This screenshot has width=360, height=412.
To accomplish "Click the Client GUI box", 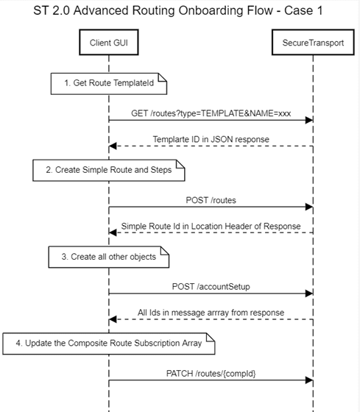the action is [109, 43].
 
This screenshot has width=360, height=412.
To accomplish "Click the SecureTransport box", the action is [313, 43].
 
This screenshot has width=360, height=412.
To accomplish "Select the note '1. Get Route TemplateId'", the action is [109, 84].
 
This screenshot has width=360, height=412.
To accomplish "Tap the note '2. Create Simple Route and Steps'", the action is [109, 170].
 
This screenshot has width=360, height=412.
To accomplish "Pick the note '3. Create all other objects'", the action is [109, 257].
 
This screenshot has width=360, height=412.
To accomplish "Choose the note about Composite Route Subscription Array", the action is [109, 344].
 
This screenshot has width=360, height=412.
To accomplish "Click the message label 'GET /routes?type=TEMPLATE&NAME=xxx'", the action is [211, 113].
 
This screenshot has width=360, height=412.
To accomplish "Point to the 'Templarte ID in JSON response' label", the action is [211, 139].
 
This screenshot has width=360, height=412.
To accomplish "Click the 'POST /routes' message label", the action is [211, 200].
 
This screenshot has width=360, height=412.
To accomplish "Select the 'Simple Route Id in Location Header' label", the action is [211, 227].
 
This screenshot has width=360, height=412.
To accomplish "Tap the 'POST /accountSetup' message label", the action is [211, 287].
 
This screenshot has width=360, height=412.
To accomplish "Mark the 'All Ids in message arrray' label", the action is [211, 313].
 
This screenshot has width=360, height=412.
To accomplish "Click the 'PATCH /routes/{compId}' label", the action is [211, 374].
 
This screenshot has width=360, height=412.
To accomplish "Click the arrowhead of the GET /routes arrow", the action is [309, 120].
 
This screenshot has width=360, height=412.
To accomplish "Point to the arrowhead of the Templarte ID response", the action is [113, 146].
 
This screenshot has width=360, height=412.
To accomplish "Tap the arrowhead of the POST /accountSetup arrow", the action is [309, 294].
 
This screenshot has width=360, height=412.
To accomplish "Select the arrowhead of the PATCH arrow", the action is [309, 380].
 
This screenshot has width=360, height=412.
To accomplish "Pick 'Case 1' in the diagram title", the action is [303, 10].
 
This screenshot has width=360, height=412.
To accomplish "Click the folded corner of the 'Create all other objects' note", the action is [165, 251].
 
